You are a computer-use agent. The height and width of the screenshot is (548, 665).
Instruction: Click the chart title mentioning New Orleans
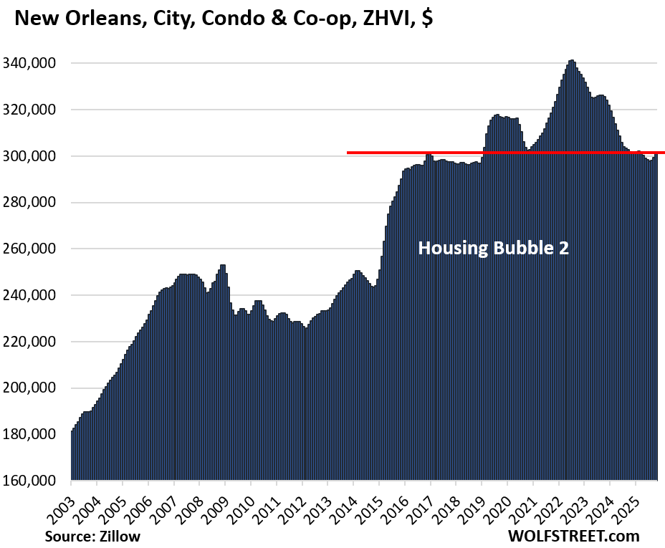(x=223, y=19)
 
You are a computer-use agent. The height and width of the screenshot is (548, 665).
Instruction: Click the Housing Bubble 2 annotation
(x=493, y=249)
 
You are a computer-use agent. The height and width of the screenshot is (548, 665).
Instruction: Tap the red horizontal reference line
(x=502, y=153)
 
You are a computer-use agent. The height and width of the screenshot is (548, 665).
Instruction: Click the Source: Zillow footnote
(x=92, y=536)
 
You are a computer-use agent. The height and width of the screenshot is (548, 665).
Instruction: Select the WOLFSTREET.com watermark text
(x=573, y=536)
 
